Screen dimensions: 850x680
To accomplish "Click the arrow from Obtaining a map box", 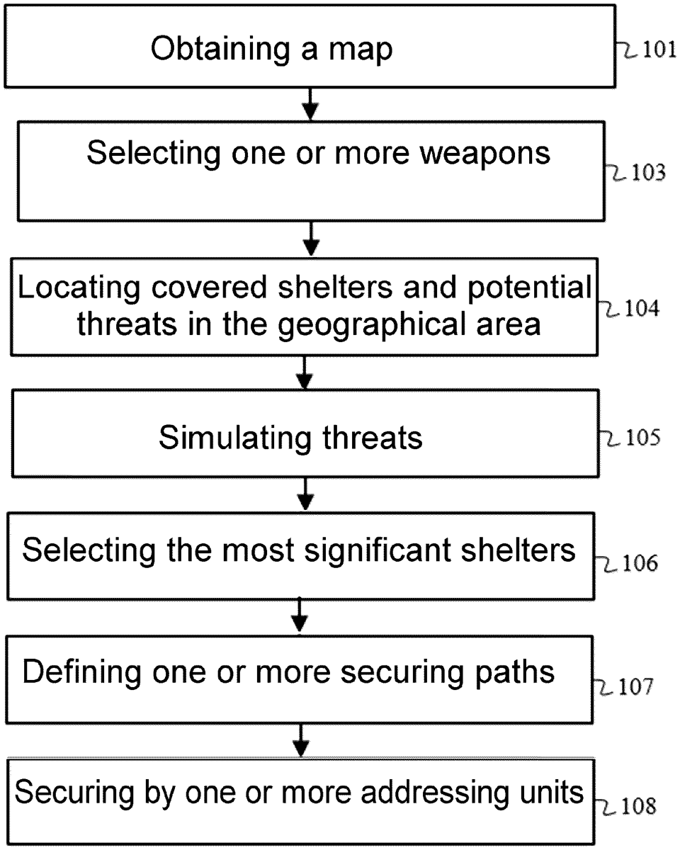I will pos(310,103).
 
